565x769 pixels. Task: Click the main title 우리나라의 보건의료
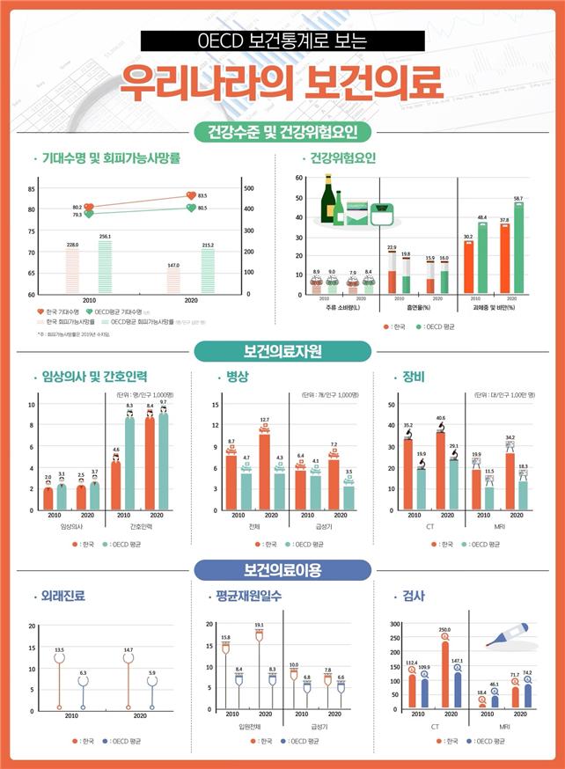click(282, 83)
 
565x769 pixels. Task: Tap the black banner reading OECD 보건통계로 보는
click(282, 40)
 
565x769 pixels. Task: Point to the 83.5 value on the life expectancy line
click(202, 195)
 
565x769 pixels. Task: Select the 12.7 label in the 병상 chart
click(264, 420)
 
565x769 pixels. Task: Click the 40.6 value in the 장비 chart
click(440, 418)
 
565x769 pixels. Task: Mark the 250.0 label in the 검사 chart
click(444, 629)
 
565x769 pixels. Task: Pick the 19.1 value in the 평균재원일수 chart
click(260, 625)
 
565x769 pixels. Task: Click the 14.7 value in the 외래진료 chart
click(129, 649)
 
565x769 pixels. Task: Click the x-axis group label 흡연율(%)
click(413, 310)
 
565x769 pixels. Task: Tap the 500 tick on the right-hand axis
click(248, 188)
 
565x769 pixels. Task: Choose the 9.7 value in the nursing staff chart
click(164, 402)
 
